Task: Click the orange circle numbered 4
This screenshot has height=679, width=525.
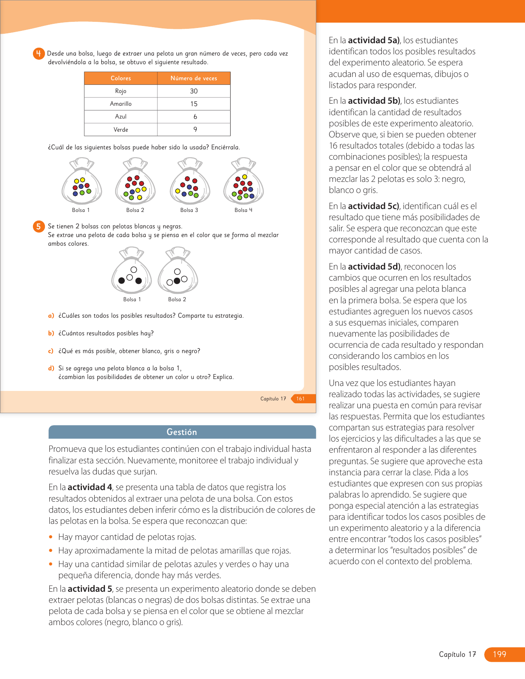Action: point(38,53)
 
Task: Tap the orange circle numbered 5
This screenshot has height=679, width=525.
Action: point(38,226)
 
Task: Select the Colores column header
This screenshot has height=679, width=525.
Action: point(121,78)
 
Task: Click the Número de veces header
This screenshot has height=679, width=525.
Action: point(194,78)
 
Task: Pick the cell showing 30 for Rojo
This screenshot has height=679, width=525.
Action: point(194,91)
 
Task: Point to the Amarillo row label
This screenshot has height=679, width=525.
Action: point(121,104)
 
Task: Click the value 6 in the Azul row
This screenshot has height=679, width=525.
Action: point(195,116)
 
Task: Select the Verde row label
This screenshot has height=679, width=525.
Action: point(121,130)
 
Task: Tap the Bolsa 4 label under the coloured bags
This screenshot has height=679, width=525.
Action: point(243,210)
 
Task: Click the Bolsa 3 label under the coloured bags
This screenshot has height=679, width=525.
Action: point(189,210)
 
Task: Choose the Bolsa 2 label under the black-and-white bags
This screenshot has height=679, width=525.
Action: point(177,299)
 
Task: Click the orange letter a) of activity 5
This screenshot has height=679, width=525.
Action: point(51,316)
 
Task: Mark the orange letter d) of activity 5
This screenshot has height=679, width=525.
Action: point(51,368)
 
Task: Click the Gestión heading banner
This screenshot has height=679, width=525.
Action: point(182,432)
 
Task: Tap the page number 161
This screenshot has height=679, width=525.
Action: point(301,398)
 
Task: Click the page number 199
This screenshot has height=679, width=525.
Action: point(499,654)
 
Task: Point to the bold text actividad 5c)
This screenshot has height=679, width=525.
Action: point(374,206)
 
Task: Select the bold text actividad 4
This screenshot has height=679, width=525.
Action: point(90,487)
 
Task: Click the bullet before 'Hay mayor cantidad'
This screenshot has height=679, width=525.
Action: point(51,537)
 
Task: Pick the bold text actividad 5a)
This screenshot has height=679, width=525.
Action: point(374,40)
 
